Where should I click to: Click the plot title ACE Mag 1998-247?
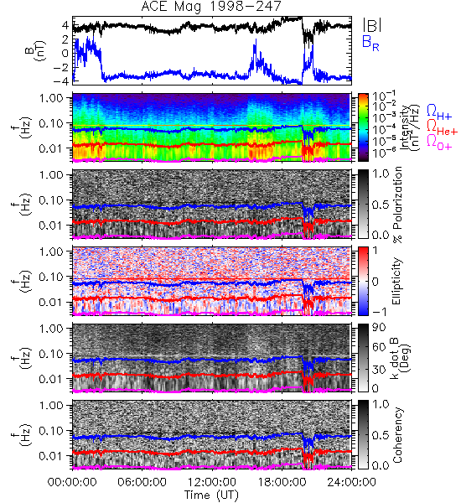211,7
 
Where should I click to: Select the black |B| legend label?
372,25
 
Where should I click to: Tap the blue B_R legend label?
370,43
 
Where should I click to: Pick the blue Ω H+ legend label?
439,112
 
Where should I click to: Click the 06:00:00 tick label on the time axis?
142,482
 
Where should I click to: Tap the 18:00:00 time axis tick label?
282,482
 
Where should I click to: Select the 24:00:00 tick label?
351,482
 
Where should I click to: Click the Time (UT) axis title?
212,495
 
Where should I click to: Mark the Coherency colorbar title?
397,435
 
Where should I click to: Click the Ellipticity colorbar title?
397,281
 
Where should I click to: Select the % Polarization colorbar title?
397,205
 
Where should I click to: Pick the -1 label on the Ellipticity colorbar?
380,311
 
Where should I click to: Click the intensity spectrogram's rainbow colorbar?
363,127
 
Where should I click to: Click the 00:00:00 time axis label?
72,482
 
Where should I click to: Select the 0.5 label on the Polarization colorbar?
381,205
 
